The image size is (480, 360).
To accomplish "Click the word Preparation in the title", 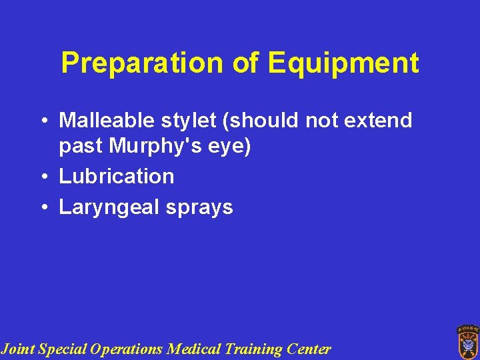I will click(x=143, y=64).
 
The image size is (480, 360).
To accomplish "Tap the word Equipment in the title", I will click(x=343, y=64).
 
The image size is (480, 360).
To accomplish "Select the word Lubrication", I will click(x=117, y=177).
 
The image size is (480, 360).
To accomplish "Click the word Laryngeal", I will click(x=107, y=207).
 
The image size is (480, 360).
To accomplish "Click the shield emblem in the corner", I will click(x=467, y=341).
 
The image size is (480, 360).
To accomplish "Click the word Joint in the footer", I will click(x=18, y=349).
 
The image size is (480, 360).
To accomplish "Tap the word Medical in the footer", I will click(x=191, y=349).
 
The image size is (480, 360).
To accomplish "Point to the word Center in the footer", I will click(x=309, y=349).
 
